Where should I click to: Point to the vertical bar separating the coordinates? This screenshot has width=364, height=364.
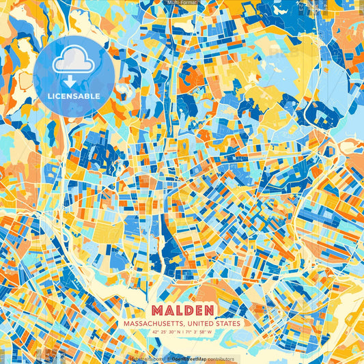pyautogui.click(x=182, y=332)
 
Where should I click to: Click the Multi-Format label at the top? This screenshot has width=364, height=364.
pyautogui.click(x=182, y=3)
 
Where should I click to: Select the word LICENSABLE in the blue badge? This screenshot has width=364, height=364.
pyautogui.click(x=73, y=96)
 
